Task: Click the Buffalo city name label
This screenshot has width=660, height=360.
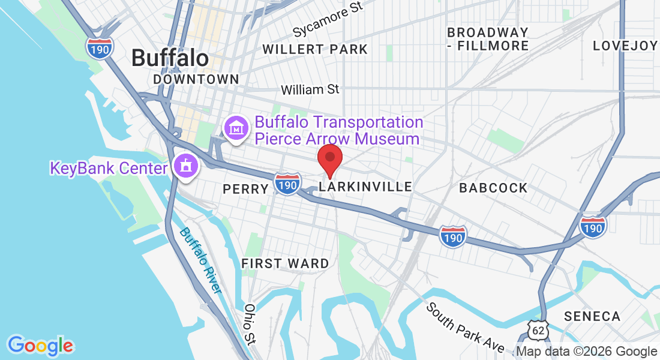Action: pos(170,58)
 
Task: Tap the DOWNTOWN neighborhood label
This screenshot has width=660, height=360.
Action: pos(196,79)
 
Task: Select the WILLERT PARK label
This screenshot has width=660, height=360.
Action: pos(315,49)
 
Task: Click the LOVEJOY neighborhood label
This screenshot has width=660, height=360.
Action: pos(625,46)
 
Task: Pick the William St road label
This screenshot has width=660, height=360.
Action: pos(310,89)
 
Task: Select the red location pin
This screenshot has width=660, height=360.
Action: pos(329,158)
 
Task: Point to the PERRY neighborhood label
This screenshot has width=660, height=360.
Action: pos(245,189)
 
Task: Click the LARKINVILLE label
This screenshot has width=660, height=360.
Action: pos(365,187)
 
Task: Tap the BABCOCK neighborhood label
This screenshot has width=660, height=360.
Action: pos(493,188)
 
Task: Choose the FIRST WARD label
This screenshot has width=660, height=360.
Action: pos(285,263)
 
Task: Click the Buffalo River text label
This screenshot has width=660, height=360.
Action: pos(200,260)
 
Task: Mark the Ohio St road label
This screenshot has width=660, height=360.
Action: pos(250,325)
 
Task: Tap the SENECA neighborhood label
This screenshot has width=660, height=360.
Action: pos(592,316)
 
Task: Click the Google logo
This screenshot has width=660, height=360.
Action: pos(41,345)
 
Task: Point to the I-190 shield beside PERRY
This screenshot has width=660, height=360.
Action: pos(287,184)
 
